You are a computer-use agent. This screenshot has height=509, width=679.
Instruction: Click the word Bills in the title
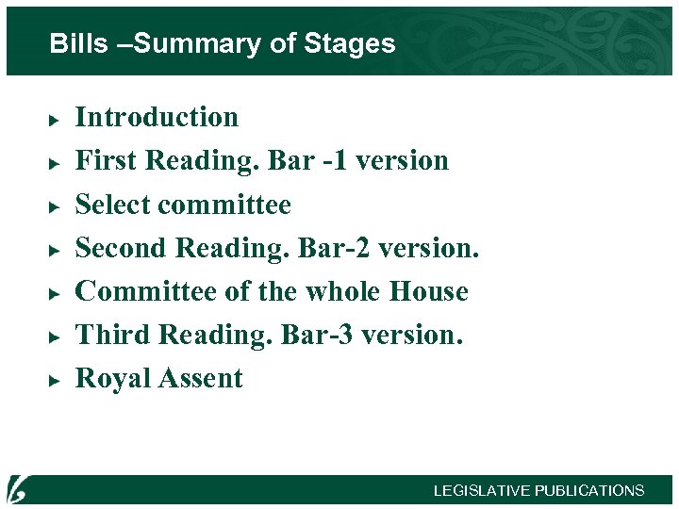[x=78, y=43]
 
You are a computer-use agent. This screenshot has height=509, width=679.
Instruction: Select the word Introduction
[x=157, y=117]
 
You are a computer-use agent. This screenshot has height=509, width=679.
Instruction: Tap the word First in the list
[x=107, y=160]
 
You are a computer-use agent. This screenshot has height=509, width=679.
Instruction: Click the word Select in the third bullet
[x=111, y=205]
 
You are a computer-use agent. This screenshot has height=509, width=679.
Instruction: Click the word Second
[x=123, y=248]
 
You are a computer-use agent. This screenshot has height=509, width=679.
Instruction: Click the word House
[x=429, y=291]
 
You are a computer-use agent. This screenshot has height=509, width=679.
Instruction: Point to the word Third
[x=113, y=335]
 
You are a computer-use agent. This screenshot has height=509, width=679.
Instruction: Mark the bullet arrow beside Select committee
[x=56, y=206]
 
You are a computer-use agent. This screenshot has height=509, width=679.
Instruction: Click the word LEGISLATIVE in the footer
[x=481, y=491]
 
